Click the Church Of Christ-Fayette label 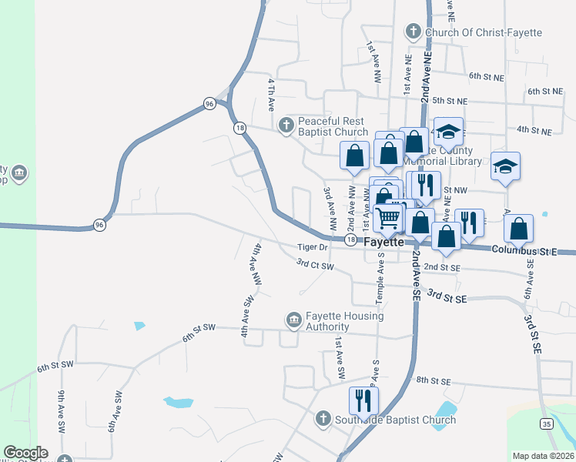(x=483, y=32)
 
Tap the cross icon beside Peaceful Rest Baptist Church (x=286, y=125)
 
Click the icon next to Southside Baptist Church (x=324, y=419)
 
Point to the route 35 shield (x=546, y=424)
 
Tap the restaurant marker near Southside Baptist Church (x=363, y=400)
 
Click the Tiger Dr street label (x=313, y=247)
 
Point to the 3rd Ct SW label (x=316, y=265)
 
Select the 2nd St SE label (x=442, y=266)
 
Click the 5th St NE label (x=450, y=101)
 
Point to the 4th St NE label (x=534, y=131)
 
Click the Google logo (x=25, y=453)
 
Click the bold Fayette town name (x=383, y=241)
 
